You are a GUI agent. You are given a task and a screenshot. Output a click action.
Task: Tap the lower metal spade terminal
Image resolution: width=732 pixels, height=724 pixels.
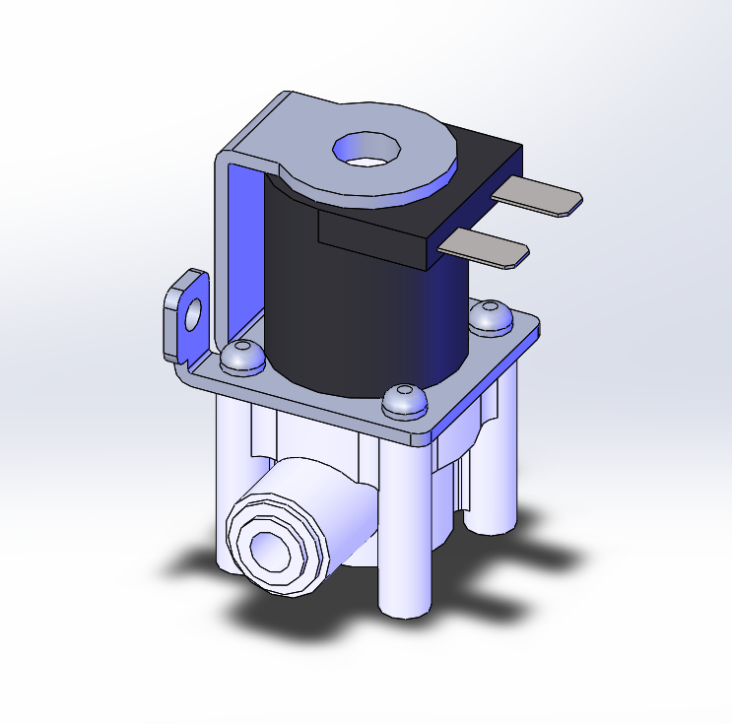point(487,249)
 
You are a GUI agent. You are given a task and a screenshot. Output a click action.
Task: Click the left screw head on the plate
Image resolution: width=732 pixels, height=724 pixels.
point(240,356)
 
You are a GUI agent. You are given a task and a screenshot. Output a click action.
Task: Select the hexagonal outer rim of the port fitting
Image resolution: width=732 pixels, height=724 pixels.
point(241,532)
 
